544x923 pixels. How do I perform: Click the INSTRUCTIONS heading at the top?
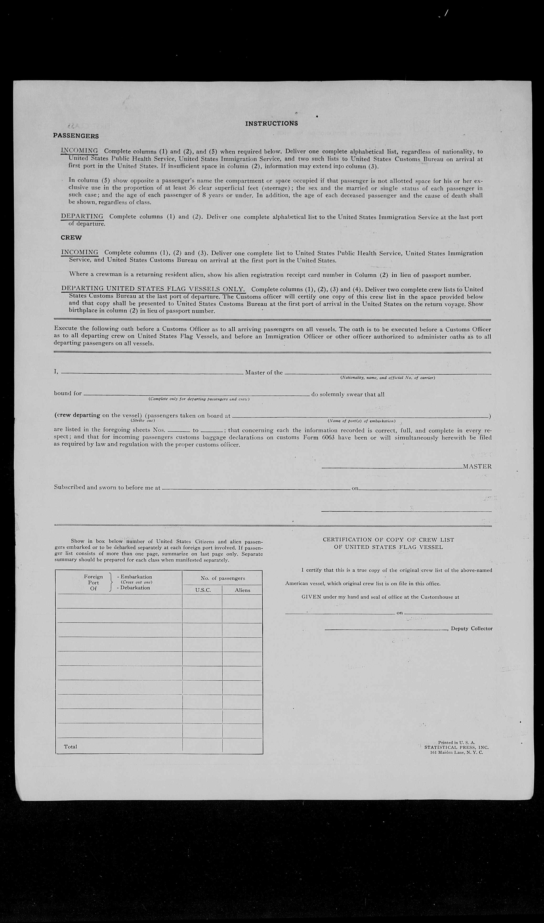pyautogui.click(x=271, y=124)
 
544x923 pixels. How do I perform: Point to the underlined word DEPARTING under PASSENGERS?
pyautogui.click(x=82, y=216)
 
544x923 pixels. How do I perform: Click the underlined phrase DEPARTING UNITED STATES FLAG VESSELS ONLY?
pyautogui.click(x=153, y=289)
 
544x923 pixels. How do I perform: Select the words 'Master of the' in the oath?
pyautogui.click(x=264, y=372)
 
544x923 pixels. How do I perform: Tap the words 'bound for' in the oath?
pyautogui.click(x=68, y=393)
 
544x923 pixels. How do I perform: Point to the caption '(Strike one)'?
pyautogui.click(x=143, y=420)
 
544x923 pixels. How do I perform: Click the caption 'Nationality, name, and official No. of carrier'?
pyautogui.click(x=387, y=378)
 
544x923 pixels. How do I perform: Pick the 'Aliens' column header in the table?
pyautogui.click(x=242, y=590)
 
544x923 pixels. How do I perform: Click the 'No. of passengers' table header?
pyautogui.click(x=223, y=578)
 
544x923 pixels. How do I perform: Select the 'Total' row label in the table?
pyautogui.click(x=70, y=747)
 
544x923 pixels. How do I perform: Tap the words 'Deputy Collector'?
pyautogui.click(x=471, y=628)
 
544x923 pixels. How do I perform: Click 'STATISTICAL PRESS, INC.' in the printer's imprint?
pyautogui.click(x=456, y=747)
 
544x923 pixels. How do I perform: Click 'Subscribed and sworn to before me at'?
pyautogui.click(x=107, y=487)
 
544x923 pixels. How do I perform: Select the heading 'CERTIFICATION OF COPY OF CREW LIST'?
pyautogui.click(x=388, y=540)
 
